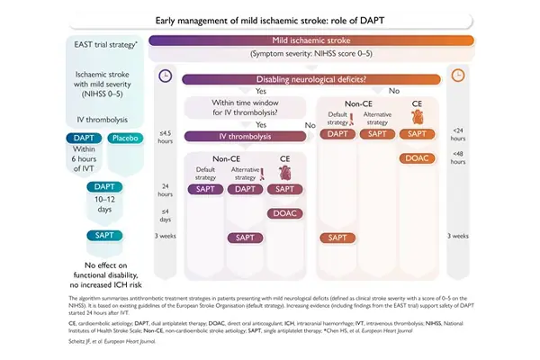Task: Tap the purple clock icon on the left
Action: (x=165, y=76)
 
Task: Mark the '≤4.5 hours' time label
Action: (x=165, y=139)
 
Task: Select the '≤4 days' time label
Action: (x=165, y=213)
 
